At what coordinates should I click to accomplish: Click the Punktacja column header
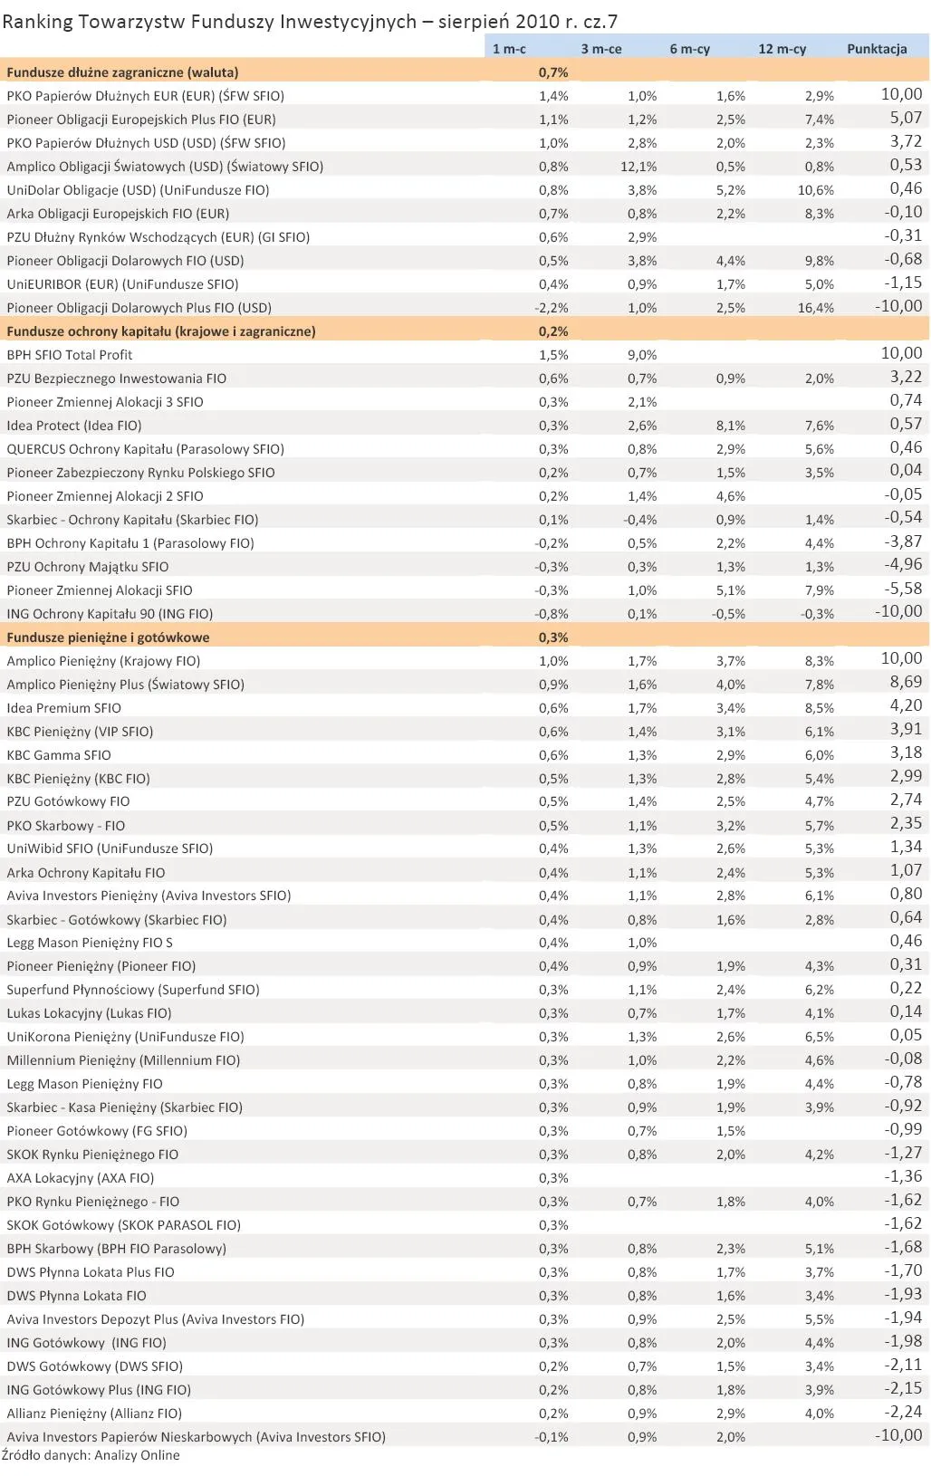876,49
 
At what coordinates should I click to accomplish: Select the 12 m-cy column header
782,49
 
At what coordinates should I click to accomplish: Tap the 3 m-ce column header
601,49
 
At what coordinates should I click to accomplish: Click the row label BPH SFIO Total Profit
70,355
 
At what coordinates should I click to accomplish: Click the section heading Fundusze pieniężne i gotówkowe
108,637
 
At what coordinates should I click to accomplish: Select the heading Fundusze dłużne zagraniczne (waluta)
122,72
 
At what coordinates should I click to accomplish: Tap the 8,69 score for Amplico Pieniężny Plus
906,683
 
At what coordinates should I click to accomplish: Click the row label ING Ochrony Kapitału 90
110,614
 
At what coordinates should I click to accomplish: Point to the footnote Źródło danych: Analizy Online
91,1455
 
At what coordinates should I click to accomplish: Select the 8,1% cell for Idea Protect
731,426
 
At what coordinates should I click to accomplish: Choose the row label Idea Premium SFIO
63,708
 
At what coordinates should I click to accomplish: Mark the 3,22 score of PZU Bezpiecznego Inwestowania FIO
906,378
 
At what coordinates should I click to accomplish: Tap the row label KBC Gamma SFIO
59,755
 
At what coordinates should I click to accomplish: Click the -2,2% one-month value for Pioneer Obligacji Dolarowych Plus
552,308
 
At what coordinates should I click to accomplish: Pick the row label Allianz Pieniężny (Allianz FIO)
94,1414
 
